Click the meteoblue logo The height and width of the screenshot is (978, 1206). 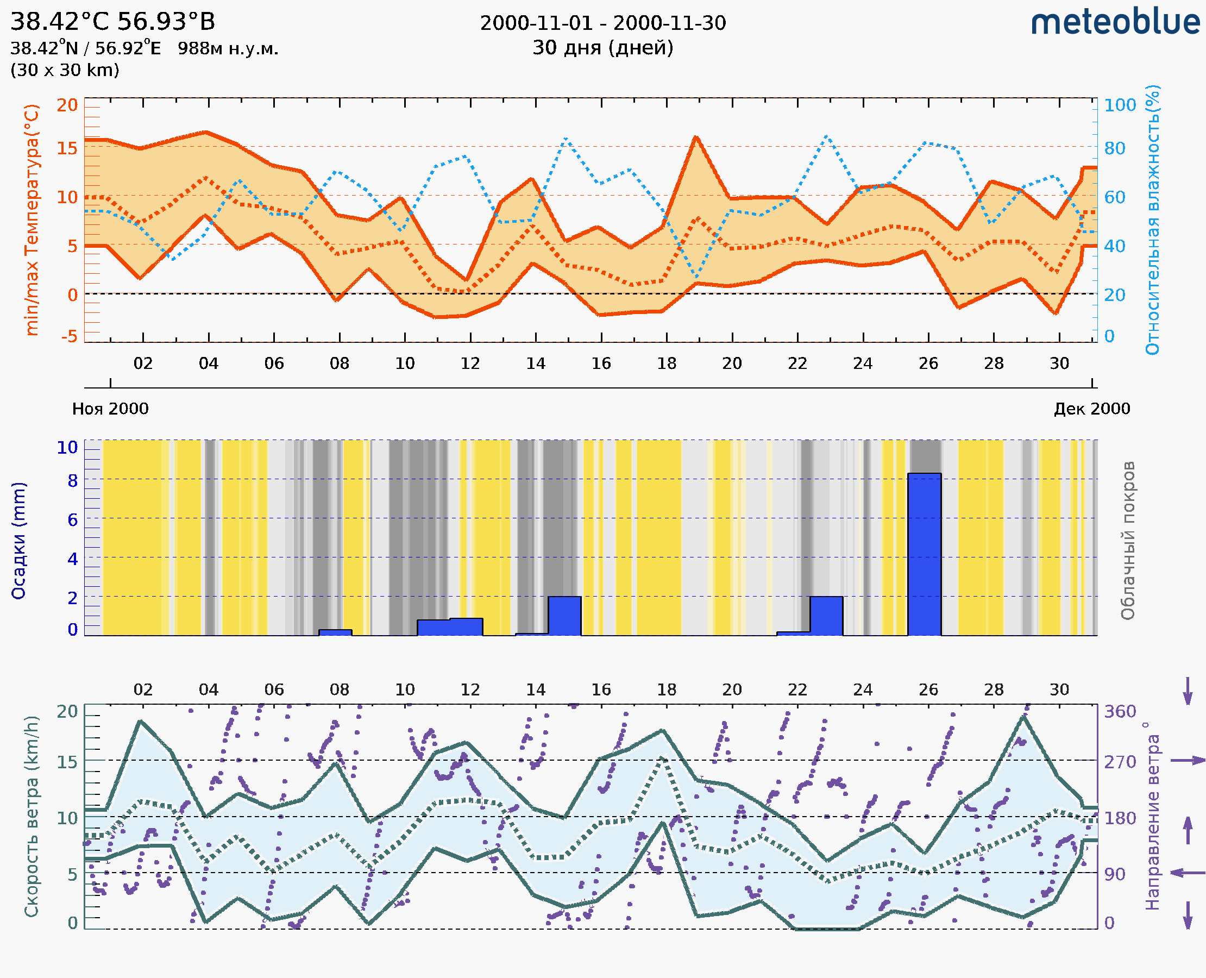pos(1115,22)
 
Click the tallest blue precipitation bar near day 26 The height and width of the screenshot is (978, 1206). pos(924,554)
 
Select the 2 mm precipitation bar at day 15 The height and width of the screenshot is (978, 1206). pos(564,616)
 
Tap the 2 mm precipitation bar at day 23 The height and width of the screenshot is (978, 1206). pos(826,616)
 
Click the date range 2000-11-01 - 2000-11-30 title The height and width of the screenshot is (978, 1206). pos(602,23)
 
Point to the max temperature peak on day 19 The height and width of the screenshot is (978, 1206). pos(696,137)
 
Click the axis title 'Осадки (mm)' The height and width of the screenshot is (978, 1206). pos(18,541)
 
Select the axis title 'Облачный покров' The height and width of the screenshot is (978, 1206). pos(1128,541)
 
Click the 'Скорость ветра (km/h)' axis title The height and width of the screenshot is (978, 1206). pos(32,816)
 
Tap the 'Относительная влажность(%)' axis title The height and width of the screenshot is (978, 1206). pos(1152,220)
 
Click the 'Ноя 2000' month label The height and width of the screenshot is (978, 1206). pos(110,409)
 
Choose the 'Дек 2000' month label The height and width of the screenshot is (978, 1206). pos(1092,409)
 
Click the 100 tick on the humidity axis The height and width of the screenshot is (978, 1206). pos(1120,105)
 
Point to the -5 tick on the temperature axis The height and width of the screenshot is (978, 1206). pos(70,337)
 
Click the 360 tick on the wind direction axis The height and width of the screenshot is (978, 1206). pos(1120,712)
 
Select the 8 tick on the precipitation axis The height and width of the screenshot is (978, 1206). pos(73,481)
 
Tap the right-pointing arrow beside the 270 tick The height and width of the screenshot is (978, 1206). pos(1188,761)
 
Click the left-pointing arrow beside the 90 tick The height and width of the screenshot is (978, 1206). pos(1188,873)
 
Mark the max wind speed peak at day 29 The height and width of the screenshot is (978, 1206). pos(1024,717)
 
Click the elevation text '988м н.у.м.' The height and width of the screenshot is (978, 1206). pos(228,48)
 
